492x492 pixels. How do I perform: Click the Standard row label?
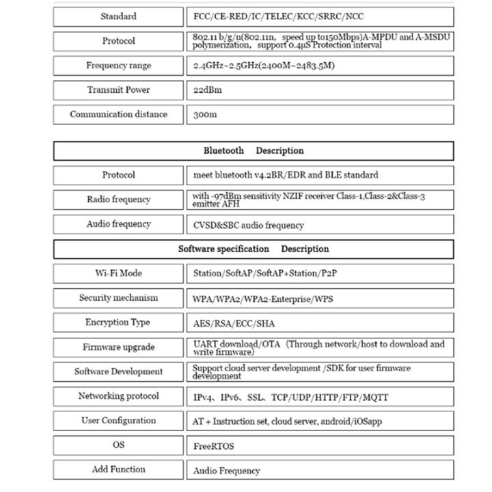click(x=118, y=16)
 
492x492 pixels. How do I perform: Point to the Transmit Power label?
click(x=118, y=90)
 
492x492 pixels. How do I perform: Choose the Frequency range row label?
click(x=118, y=66)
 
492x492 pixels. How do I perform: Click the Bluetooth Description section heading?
click(x=254, y=150)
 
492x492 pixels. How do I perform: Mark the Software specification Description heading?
click(x=254, y=249)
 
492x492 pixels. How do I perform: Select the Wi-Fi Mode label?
click(x=118, y=273)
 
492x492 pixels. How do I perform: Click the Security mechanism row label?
click(x=118, y=298)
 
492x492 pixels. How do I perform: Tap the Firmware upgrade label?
click(x=118, y=347)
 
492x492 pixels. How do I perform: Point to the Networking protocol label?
click(x=118, y=396)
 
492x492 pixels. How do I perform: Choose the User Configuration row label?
click(x=118, y=421)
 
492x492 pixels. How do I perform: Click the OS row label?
click(x=118, y=446)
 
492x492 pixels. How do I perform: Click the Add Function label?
click(x=118, y=469)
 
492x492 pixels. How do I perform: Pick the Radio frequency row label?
click(x=118, y=200)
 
